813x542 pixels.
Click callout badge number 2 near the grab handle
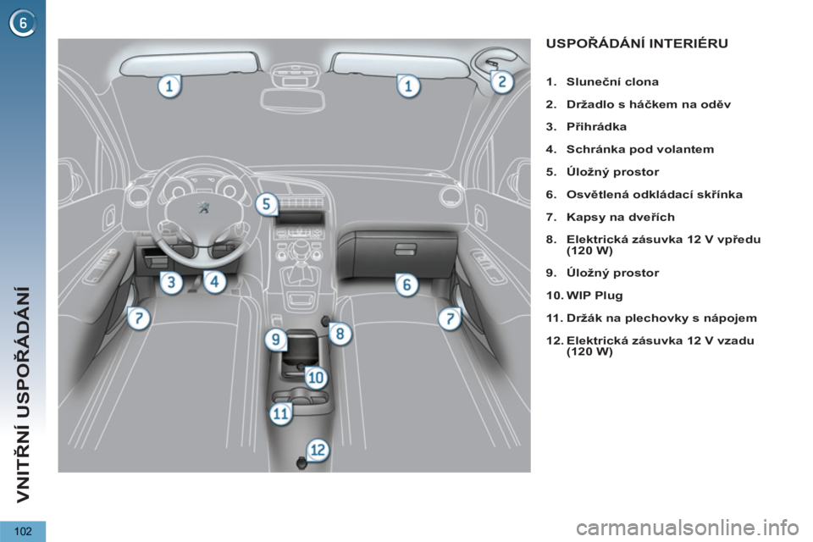click(x=502, y=82)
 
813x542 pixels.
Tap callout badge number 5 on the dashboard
click(x=267, y=203)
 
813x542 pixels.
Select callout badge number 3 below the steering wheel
click(x=171, y=283)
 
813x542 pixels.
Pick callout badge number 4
click(x=214, y=282)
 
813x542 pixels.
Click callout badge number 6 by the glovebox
click(x=407, y=285)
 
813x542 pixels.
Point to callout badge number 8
click(x=340, y=333)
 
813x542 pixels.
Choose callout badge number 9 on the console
click(x=276, y=340)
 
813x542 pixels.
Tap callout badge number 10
click(x=316, y=378)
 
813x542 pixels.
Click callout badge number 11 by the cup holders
click(x=281, y=414)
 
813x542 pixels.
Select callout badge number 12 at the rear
click(x=318, y=450)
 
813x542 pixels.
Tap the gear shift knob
click(x=299, y=250)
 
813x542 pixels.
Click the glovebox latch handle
click(x=406, y=250)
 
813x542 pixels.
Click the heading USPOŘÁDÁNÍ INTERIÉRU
click(x=637, y=43)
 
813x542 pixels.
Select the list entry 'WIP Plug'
click(x=595, y=296)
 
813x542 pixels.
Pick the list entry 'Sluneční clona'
click(x=612, y=82)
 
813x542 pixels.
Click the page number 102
click(x=23, y=531)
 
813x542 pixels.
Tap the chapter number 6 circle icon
click(x=22, y=24)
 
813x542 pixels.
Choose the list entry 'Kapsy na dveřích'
click(x=621, y=218)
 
